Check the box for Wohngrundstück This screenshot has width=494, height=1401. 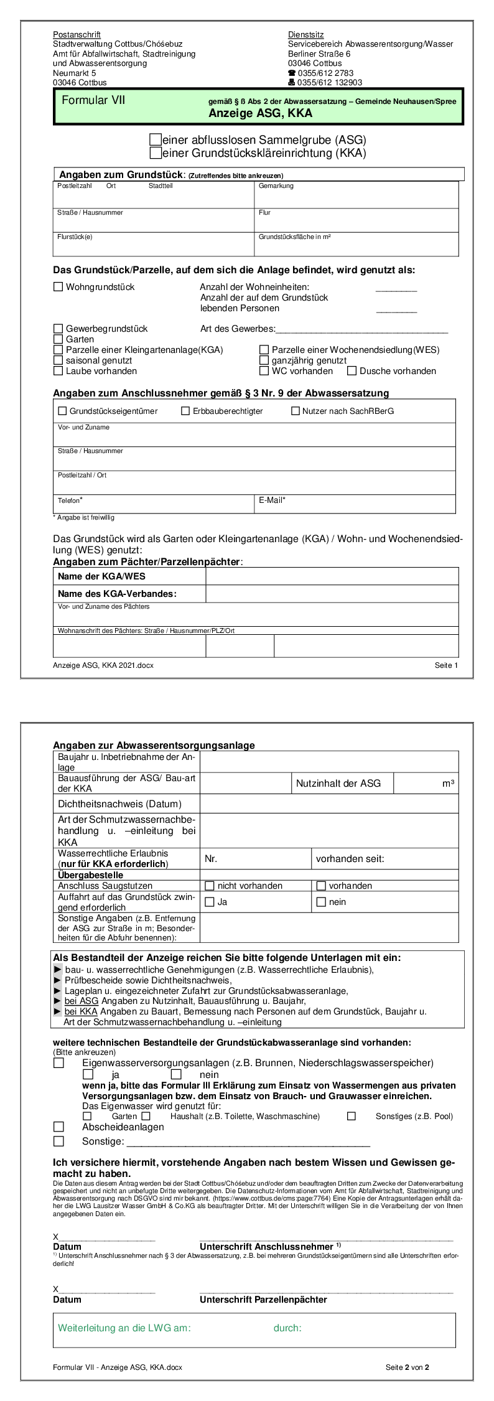coord(58,287)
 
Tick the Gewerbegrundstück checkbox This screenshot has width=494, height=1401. coord(58,329)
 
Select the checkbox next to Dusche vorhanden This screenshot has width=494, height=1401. coord(352,371)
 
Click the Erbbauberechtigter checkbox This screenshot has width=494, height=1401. coord(185,411)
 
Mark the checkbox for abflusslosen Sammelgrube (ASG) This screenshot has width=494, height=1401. coord(156,140)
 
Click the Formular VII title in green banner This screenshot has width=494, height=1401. coord(93,101)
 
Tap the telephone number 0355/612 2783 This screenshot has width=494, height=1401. coord(325,73)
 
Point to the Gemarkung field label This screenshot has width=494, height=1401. coord(276,186)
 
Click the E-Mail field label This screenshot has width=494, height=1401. coord(272,500)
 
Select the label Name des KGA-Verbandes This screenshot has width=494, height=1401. coord(117,594)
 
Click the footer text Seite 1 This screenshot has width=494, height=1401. coord(446,665)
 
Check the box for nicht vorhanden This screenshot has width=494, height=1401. coord(210,886)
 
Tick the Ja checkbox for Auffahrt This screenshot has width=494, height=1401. coord(210,902)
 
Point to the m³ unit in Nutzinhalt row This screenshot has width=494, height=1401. coord(448,784)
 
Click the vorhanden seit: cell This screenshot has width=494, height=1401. coord(350,859)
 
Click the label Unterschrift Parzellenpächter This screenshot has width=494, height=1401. coord(263,1300)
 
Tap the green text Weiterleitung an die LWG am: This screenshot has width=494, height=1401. coord(124,1328)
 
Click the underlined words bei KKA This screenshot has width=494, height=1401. coord(81,1011)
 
